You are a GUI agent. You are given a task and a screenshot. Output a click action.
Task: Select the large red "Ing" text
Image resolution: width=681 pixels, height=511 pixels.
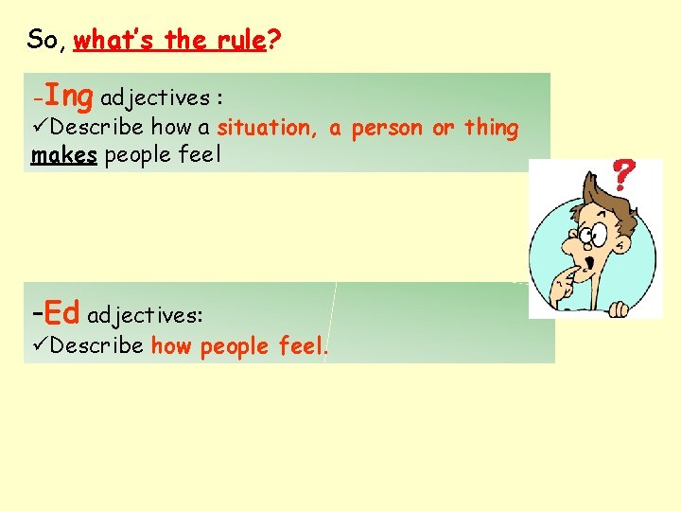(68, 96)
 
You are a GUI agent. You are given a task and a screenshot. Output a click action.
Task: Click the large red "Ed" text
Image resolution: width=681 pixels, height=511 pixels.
(61, 312)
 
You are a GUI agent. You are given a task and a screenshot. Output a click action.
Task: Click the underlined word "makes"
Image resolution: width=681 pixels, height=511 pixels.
(64, 155)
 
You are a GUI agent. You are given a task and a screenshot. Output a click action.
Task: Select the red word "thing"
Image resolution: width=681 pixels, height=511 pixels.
(491, 128)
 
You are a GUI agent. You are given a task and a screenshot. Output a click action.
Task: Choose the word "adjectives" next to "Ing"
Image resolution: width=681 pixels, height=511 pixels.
(155, 97)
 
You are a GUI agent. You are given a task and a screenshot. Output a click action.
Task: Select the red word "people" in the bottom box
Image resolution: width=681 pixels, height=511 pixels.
(235, 346)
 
